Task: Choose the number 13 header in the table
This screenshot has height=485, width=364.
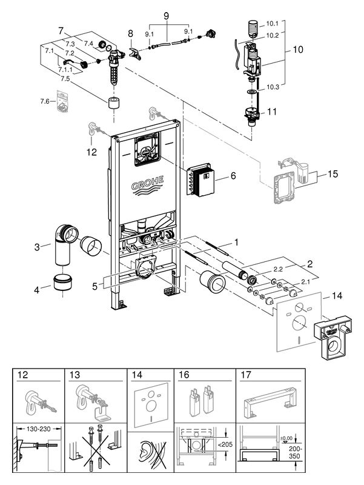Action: pos(76,375)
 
